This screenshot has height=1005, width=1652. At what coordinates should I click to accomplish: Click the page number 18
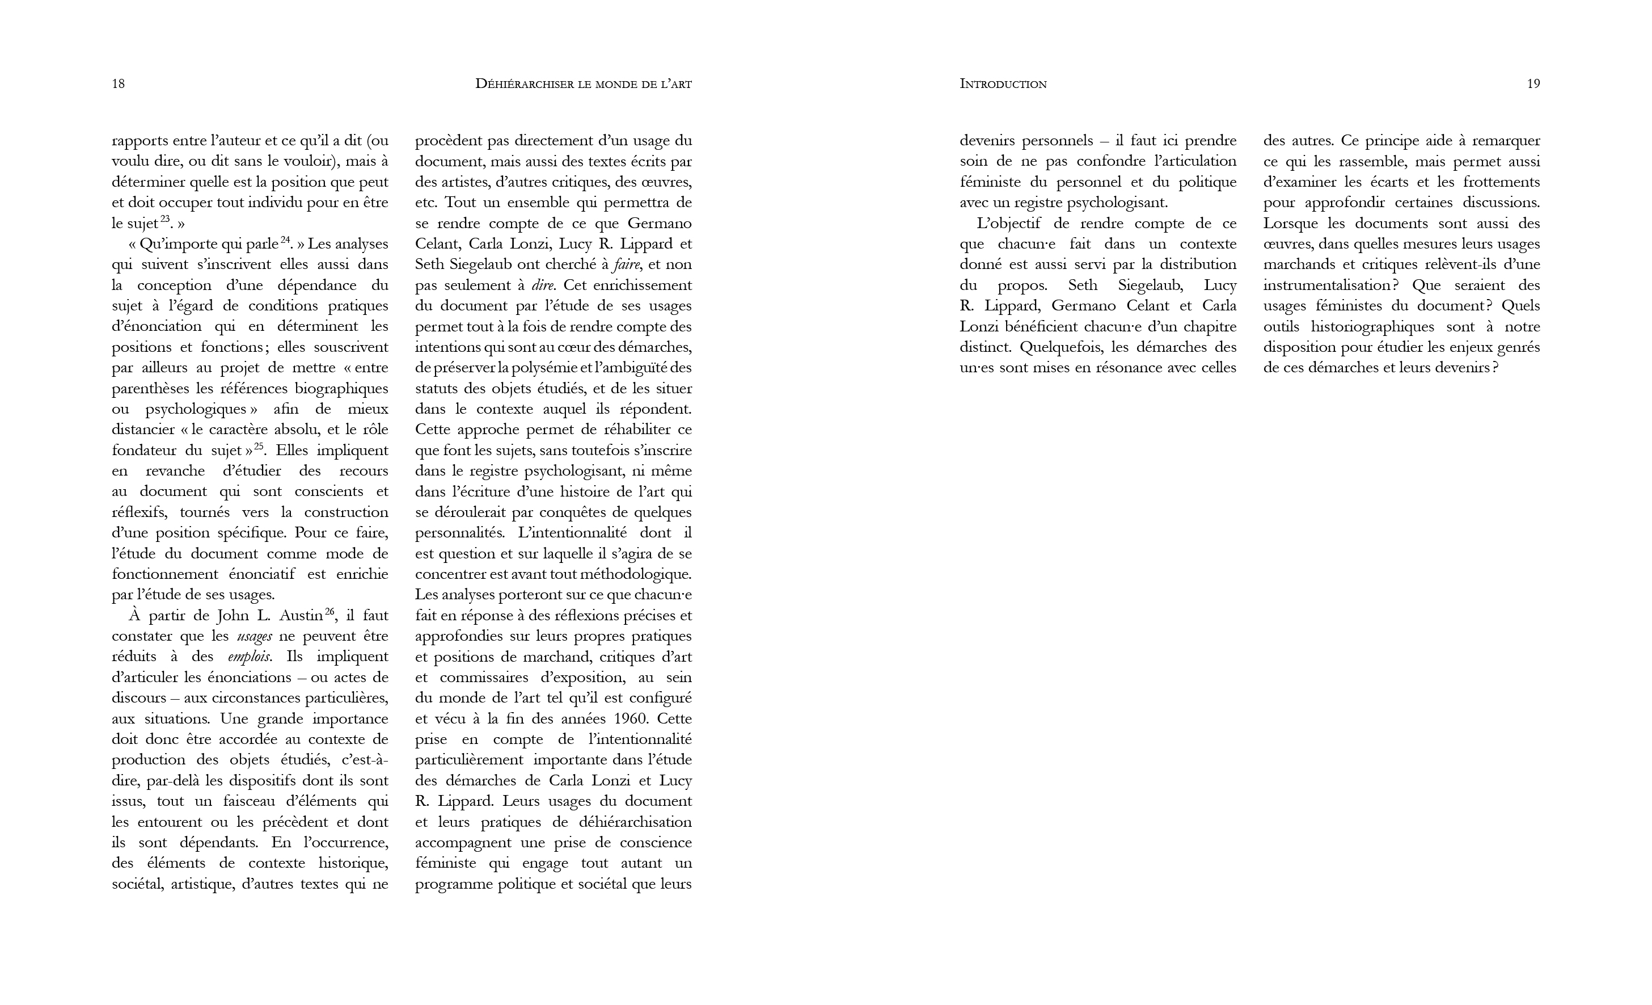click(118, 84)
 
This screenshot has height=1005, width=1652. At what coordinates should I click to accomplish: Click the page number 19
click(1533, 84)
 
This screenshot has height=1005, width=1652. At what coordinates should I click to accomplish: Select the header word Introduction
click(1003, 84)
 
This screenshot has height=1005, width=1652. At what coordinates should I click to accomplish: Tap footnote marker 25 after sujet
click(259, 446)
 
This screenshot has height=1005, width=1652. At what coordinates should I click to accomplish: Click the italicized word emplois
click(250, 657)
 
